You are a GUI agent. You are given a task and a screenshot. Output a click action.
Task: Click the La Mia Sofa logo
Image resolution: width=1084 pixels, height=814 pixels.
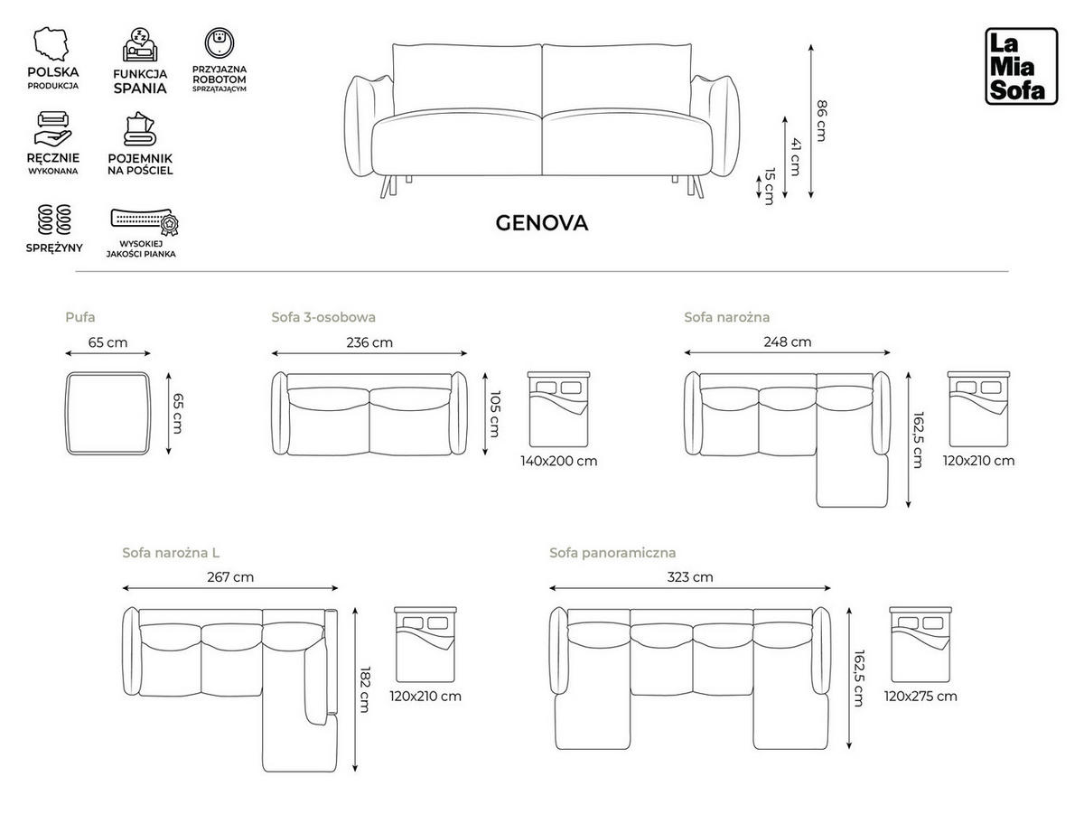pos(1020,66)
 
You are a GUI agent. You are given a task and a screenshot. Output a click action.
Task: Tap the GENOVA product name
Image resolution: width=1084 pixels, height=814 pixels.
pos(541,223)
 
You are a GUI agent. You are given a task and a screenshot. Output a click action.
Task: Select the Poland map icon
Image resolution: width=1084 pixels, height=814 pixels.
pos(52,44)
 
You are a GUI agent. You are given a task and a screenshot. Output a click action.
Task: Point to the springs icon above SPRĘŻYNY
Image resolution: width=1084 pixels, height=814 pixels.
pos(52,220)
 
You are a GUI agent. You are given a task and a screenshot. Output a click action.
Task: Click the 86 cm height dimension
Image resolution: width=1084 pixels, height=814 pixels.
pos(821,120)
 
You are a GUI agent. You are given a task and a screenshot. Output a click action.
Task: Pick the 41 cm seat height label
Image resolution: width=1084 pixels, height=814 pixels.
pos(795,156)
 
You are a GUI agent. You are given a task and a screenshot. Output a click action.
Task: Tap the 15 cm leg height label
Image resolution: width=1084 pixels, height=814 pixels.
pos(769,186)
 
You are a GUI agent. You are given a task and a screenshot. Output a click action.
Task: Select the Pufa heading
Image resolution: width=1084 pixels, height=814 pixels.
pos(79,317)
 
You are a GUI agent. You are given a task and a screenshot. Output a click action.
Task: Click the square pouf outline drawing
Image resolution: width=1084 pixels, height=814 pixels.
pos(108,413)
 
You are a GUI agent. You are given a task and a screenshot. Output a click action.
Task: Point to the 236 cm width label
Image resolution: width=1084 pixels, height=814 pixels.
pos(369,342)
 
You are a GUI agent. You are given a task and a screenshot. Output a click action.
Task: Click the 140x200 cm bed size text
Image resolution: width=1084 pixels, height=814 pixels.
pos(558,461)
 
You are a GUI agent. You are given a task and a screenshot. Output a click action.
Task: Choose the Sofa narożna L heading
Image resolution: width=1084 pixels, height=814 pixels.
pos(171,553)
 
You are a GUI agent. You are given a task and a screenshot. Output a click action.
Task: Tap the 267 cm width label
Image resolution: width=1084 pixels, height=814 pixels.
pos(230,577)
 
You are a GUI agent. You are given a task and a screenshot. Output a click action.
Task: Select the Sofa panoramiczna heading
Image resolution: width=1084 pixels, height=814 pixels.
pos(612,553)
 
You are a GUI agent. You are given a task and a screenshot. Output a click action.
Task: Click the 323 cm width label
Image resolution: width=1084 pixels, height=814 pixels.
pos(689,577)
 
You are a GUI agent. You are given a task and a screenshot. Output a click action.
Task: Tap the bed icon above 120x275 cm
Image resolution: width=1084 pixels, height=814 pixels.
pos(920,644)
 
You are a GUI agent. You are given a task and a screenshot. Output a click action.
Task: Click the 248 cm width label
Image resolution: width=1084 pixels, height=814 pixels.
pos(788,342)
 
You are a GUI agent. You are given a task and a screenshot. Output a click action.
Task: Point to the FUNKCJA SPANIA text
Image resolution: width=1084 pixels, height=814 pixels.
pos(140,81)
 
